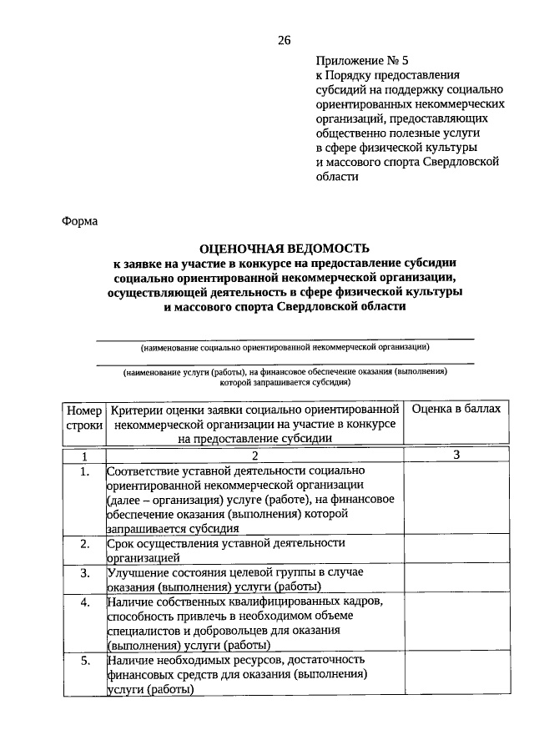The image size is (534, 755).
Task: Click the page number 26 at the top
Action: coord(285,40)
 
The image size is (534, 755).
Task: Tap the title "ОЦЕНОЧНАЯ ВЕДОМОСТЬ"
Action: coord(284,249)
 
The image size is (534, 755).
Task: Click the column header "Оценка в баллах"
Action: coord(456,409)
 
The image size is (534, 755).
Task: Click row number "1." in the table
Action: coord(84,471)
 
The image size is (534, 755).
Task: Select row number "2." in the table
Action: coord(84,544)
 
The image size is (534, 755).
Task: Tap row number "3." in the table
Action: coord(84,573)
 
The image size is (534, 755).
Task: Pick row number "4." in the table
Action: coord(84,602)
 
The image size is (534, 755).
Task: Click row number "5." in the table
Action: coord(84,661)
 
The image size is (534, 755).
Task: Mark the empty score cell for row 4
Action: coord(456,623)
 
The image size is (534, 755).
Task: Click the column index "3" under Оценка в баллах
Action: coord(456,455)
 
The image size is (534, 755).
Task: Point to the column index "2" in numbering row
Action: coord(255,456)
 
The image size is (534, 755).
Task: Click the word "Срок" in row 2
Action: coord(122,544)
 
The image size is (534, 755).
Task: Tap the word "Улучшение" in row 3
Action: coord(136,573)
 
